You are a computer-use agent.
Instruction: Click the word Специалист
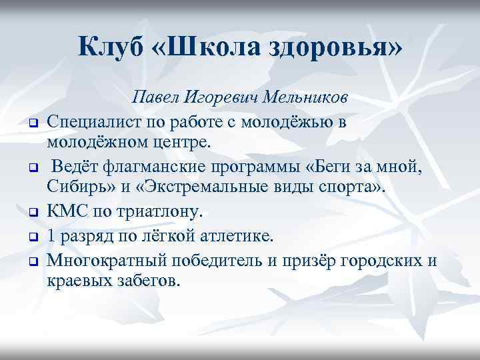tap(94, 121)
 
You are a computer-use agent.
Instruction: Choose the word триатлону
tap(162, 213)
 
